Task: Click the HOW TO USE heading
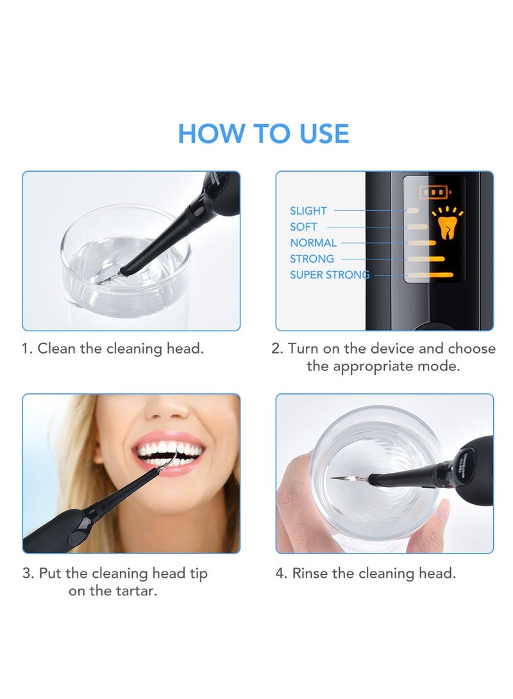click(264, 133)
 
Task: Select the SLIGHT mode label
click(308, 211)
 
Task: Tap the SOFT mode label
click(303, 227)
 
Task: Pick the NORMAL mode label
click(313, 243)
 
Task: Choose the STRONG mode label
click(312, 259)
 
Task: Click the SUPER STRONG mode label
click(330, 275)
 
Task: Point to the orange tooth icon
click(447, 226)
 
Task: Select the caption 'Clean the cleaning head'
click(121, 349)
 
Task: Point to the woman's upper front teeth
click(169, 448)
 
